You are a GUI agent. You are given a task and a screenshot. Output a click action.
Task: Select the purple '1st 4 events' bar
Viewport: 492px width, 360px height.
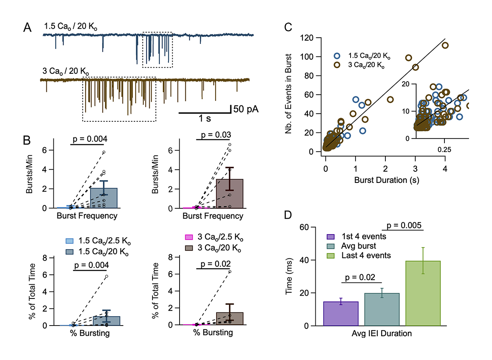click(341, 314)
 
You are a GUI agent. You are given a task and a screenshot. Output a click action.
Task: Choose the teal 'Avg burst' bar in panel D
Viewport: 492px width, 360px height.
click(382, 309)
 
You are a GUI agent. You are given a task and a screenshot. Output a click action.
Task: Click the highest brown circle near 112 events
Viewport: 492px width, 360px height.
click(445, 46)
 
